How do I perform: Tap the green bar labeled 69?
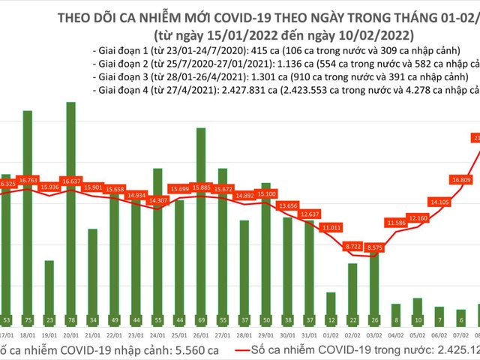[x=201, y=225]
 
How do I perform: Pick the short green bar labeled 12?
[x=331, y=307]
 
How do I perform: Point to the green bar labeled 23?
[x=49, y=292]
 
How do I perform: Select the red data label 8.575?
[x=374, y=246]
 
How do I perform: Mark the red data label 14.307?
[x=157, y=200]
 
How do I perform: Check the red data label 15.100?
[x=266, y=193]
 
